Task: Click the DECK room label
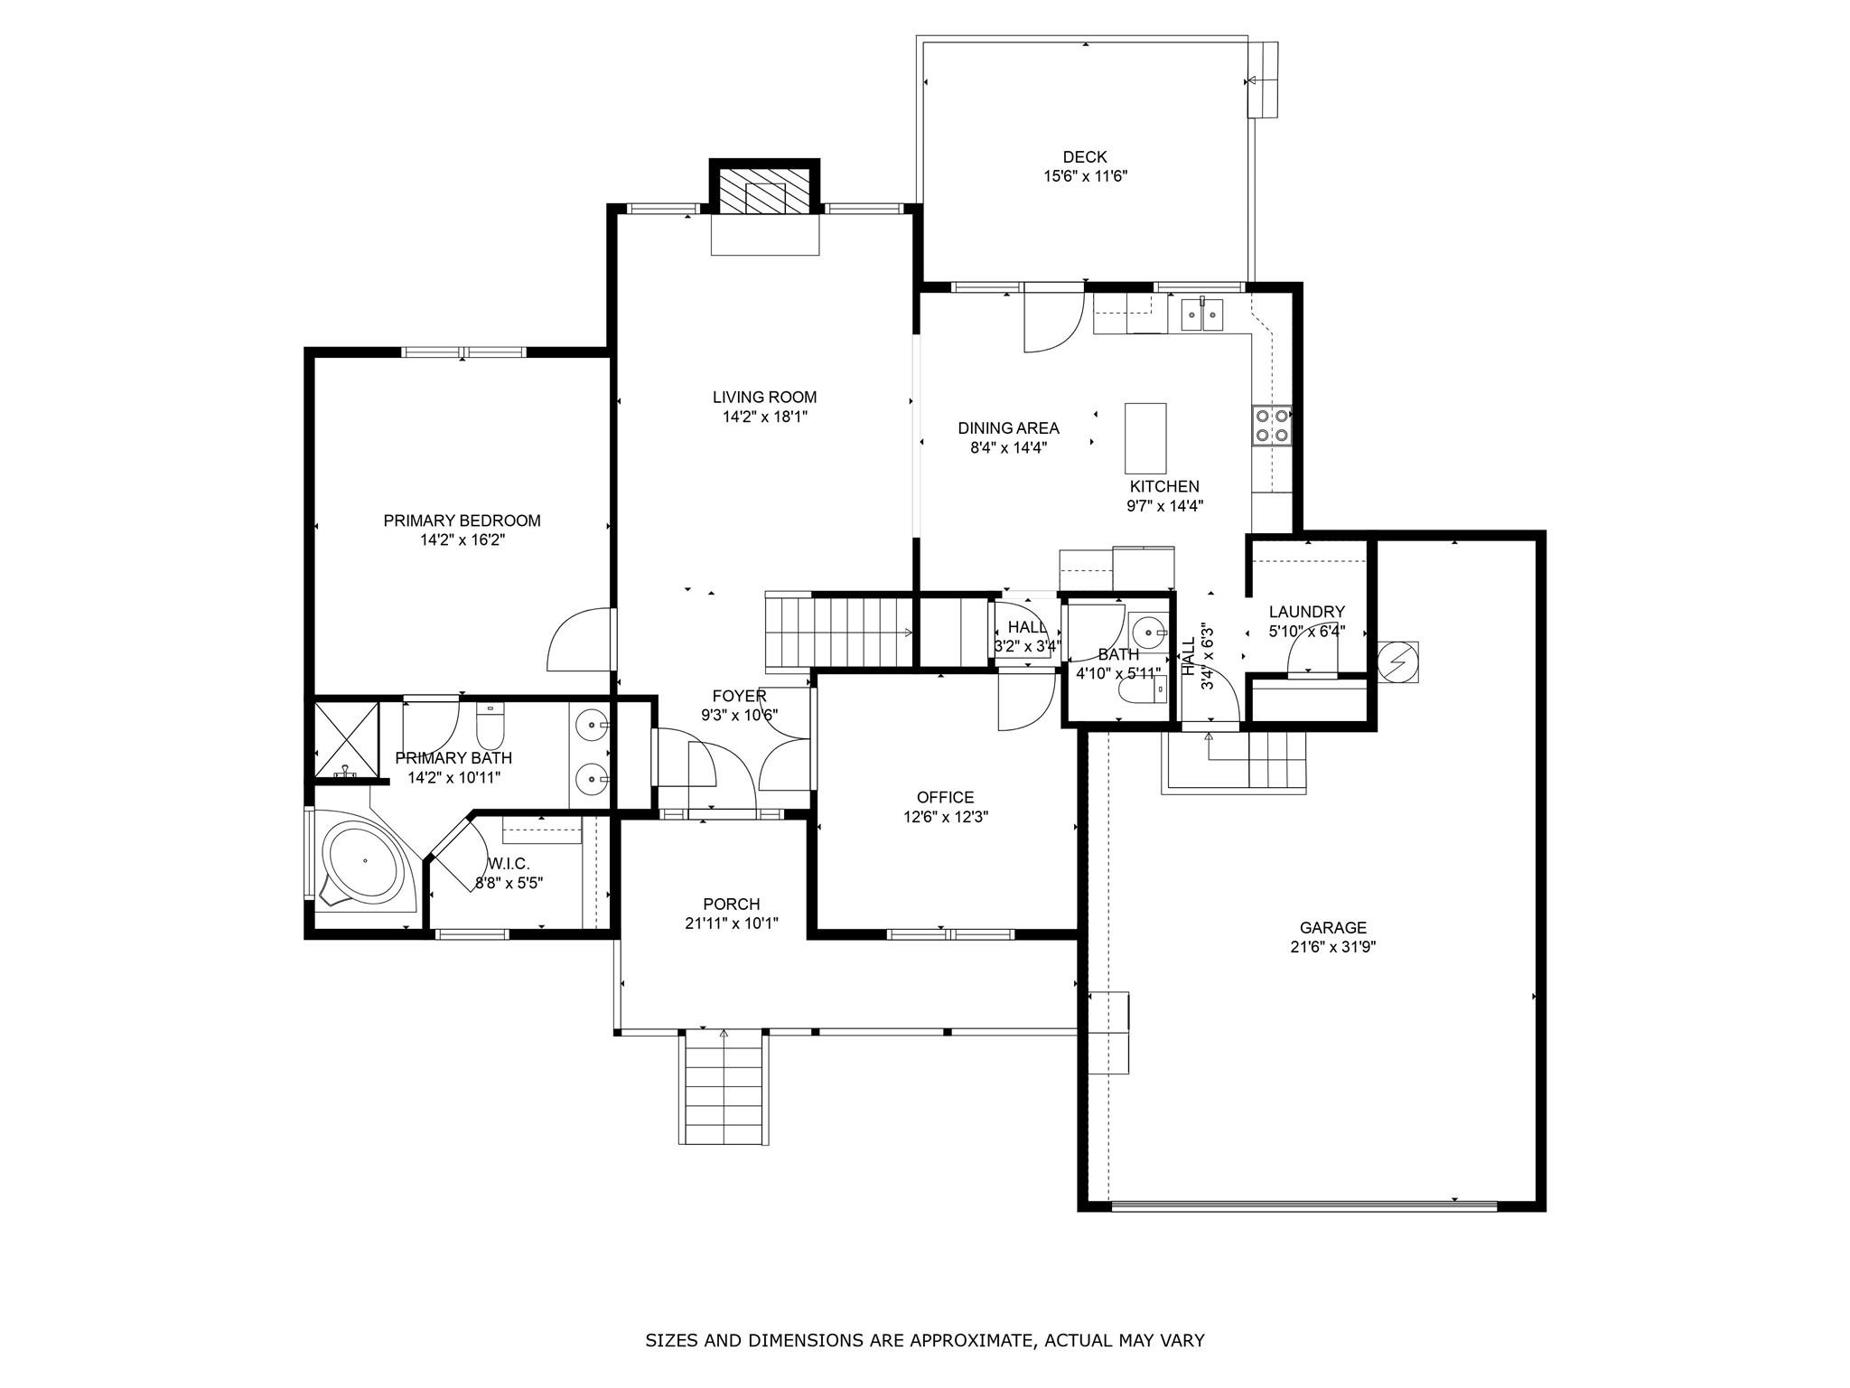(1084, 157)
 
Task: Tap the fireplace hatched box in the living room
(764, 191)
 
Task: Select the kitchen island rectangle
(1145, 438)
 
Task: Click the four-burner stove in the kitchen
(1272, 426)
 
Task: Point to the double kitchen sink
(1201, 315)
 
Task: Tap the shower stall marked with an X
(346, 739)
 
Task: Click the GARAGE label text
(1332, 927)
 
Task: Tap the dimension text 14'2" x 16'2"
(462, 540)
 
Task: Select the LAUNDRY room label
(1306, 612)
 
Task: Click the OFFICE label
(945, 797)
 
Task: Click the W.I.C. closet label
(509, 864)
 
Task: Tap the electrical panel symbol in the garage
(1397, 662)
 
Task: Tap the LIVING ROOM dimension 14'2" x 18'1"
(764, 417)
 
